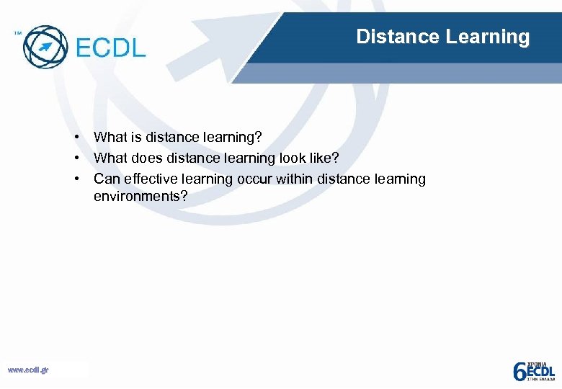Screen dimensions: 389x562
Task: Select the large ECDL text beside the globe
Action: coord(110,48)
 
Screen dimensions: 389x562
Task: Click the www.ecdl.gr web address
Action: coord(28,370)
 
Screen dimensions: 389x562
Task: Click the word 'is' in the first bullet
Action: coord(135,137)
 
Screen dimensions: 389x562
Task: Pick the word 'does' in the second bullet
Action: coord(146,158)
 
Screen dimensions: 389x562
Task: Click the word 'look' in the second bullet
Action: coord(293,158)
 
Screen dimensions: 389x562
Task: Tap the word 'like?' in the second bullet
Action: coord(325,158)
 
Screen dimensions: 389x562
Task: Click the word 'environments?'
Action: coord(140,196)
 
